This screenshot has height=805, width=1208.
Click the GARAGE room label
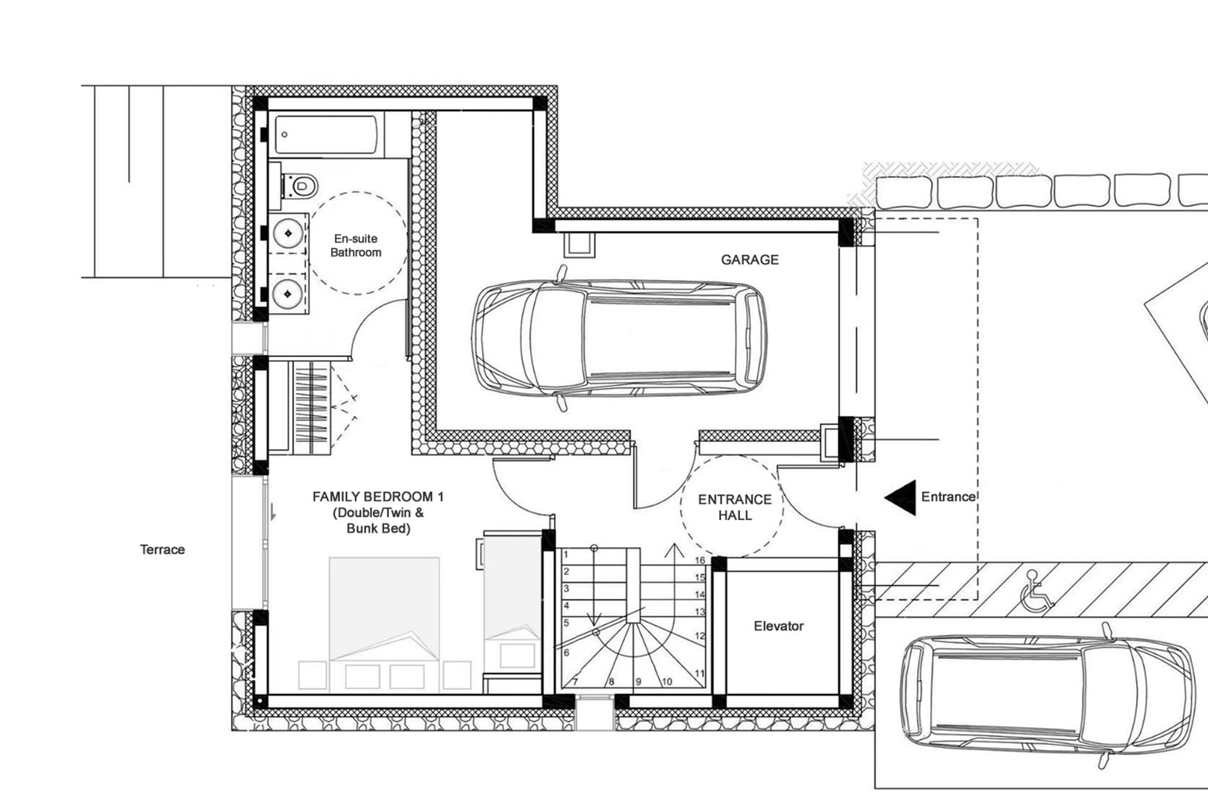click(750, 260)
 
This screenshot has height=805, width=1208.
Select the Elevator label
click(778, 626)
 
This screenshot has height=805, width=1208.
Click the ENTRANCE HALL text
click(735, 507)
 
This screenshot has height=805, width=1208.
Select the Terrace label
click(162, 549)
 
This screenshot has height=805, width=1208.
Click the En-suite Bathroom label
click(356, 245)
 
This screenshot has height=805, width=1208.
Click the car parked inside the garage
click(619, 338)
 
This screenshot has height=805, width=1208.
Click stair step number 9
click(638, 682)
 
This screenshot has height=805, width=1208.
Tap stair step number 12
click(699, 635)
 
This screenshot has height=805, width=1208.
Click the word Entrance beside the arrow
click(948, 497)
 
